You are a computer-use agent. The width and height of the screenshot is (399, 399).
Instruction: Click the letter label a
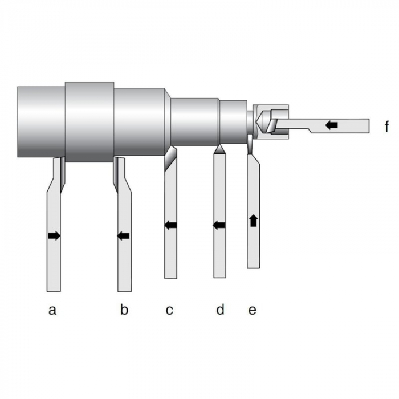pyautogui.click(x=52, y=310)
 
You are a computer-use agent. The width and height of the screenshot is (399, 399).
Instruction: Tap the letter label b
pyautogui.click(x=124, y=310)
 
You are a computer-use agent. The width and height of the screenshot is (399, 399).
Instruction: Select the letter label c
pyautogui.click(x=169, y=310)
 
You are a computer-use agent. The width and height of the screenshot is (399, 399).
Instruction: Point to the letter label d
pyautogui.click(x=220, y=310)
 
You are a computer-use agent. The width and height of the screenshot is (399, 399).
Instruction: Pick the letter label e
pyautogui.click(x=253, y=310)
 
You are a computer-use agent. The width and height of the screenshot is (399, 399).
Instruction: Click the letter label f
pyautogui.click(x=388, y=124)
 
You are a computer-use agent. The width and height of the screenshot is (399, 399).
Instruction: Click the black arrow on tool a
pyautogui.click(x=54, y=235)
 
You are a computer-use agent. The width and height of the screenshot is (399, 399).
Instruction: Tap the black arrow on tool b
pyautogui.click(x=123, y=235)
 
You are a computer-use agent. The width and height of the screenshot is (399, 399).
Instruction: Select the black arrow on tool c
pyautogui.click(x=170, y=225)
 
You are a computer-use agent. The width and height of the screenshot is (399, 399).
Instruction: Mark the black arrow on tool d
pyautogui.click(x=219, y=225)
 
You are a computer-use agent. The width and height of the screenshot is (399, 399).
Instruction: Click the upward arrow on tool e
pyautogui.click(x=253, y=220)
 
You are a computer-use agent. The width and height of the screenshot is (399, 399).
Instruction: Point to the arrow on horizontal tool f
pyautogui.click(x=331, y=124)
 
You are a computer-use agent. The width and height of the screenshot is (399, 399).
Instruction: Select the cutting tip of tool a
pyautogui.click(x=62, y=171)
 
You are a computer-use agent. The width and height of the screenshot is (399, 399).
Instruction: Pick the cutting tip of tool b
pyautogui.click(x=117, y=171)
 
